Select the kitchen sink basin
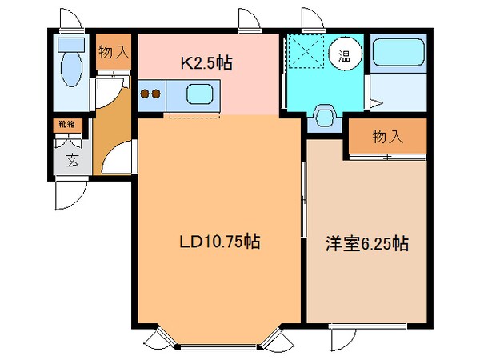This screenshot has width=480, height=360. click(x=198, y=94)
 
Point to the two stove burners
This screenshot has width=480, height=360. click(x=150, y=94)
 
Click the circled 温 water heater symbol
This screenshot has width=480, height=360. click(x=343, y=54)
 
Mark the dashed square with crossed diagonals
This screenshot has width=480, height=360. click(x=305, y=52)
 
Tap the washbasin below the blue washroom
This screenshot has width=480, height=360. click(x=325, y=116)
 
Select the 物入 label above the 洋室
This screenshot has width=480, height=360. click(x=387, y=136)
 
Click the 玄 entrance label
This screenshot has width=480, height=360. click(x=72, y=160)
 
